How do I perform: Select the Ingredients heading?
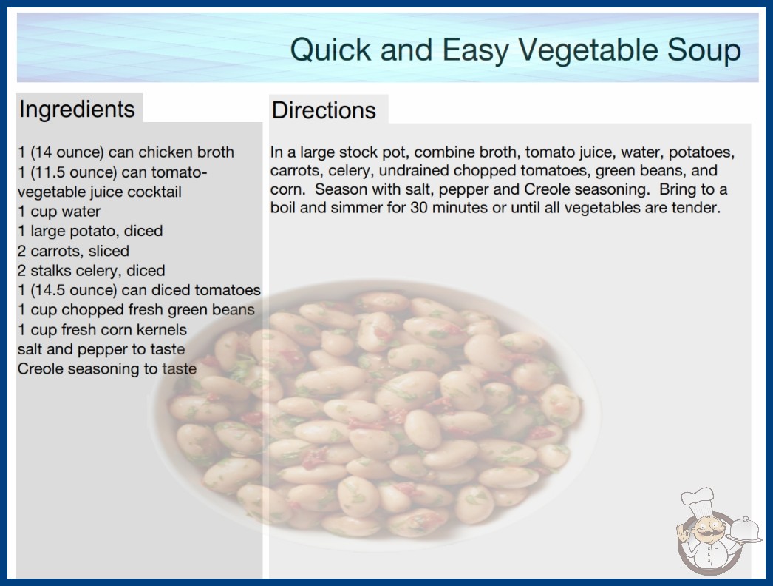tap(77, 109)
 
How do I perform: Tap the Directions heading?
tap(324, 110)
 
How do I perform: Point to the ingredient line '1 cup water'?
tap(59, 212)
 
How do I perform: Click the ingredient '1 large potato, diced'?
tap(90, 231)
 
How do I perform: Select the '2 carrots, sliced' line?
tap(73, 251)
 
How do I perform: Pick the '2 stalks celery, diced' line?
tap(91, 271)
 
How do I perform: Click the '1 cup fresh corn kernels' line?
tap(102, 330)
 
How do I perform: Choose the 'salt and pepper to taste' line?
tap(101, 349)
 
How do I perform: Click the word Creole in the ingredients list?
tap(41, 368)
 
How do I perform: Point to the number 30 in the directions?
tap(418, 207)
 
